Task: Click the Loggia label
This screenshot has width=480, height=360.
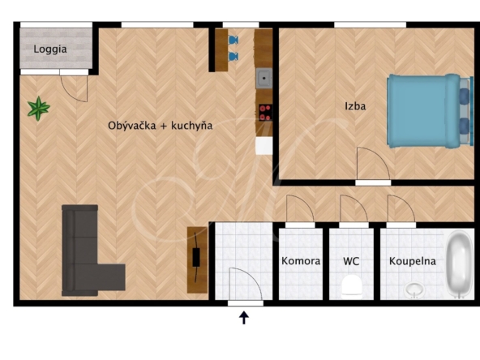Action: point(50,49)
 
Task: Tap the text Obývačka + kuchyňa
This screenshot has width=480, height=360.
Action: point(160,126)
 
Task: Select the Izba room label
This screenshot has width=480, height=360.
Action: point(355,106)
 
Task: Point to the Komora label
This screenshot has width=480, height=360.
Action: point(301,261)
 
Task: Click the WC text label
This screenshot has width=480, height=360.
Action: point(351,261)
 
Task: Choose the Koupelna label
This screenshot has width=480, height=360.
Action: point(413,261)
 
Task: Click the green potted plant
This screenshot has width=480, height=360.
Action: point(39,109)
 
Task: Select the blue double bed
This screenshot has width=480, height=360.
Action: point(428,111)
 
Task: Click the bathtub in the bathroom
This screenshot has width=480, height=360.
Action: point(458,264)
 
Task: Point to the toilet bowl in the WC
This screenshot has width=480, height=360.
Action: point(351,287)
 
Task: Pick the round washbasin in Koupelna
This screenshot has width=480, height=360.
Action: point(414,290)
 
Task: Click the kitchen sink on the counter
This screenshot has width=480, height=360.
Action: point(264,79)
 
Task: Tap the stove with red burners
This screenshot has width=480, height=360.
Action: point(265,113)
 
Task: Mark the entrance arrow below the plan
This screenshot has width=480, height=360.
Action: point(244,318)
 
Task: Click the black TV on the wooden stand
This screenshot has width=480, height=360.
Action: point(196,257)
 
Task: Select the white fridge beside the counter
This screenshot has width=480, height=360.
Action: point(264,146)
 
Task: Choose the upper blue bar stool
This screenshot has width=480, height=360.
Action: point(234,40)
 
